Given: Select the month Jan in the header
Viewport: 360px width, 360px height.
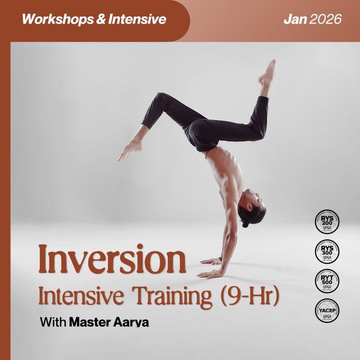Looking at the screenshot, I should click(x=295, y=19).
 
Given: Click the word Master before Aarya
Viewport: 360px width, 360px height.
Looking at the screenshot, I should click(x=90, y=323).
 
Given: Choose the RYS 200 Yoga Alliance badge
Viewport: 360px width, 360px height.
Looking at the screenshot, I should click(x=327, y=224).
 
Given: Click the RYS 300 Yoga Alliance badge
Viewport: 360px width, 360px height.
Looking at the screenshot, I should click(x=327, y=252).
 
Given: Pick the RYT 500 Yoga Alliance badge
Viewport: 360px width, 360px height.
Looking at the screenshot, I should click(x=327, y=281).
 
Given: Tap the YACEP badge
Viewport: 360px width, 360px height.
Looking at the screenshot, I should click(x=327, y=310).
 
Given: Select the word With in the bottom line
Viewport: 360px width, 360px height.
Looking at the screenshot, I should click(x=53, y=323).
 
